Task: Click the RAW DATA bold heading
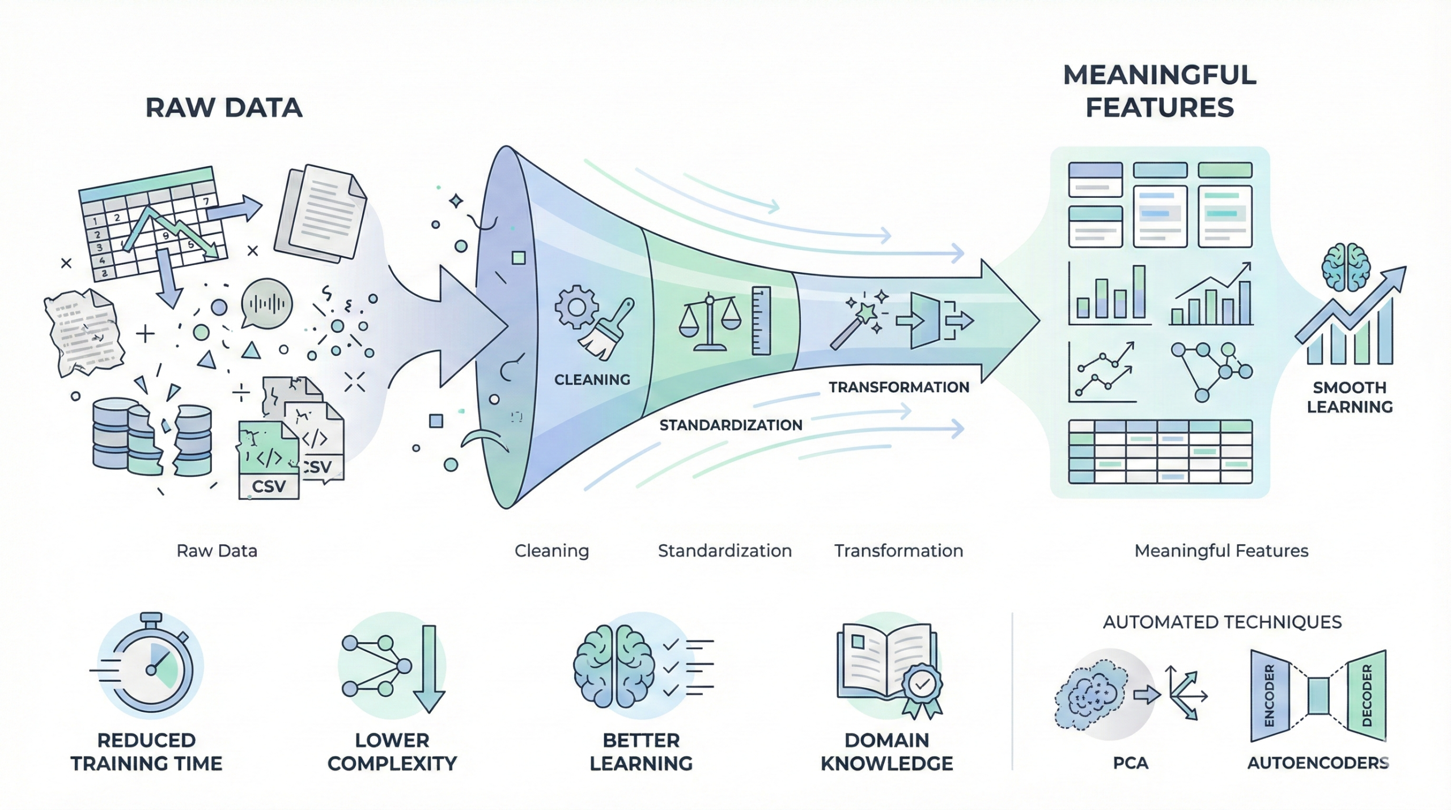pyautogui.click(x=224, y=108)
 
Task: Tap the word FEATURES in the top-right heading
pyautogui.click(x=1160, y=108)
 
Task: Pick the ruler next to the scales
pyautogui.click(x=761, y=321)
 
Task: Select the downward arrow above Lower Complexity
pyautogui.click(x=429, y=669)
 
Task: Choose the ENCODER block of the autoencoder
pyautogui.click(x=1270, y=696)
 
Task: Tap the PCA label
pyautogui.click(x=1130, y=763)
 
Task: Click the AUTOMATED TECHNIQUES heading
pyautogui.click(x=1222, y=622)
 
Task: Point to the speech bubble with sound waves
pyautogui.click(x=266, y=304)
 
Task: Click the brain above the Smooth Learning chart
pyautogui.click(x=1346, y=266)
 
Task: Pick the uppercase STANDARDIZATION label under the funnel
pyautogui.click(x=731, y=425)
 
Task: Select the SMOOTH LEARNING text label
pyautogui.click(x=1350, y=397)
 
